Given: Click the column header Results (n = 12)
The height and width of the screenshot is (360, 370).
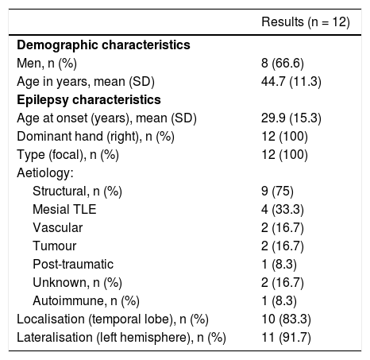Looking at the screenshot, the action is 306,21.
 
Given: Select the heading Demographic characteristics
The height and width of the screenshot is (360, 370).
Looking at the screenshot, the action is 103,45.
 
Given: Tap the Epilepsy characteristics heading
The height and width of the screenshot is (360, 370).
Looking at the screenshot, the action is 89,100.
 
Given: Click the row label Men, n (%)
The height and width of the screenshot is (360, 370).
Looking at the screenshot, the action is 47,64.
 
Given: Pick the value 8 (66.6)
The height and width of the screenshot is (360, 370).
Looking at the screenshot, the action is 283,64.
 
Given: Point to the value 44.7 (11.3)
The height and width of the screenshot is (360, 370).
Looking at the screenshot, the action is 291,82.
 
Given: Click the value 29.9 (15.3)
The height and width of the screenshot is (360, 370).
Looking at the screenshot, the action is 291,118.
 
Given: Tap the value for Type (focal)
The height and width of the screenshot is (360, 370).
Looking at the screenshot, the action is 284,155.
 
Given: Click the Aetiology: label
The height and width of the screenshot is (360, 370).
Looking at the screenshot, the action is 45,173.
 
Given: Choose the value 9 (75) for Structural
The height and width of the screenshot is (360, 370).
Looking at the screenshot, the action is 277,192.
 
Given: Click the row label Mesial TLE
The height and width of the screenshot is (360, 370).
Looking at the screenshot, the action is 64,209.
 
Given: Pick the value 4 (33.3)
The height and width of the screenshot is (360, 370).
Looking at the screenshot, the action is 283,210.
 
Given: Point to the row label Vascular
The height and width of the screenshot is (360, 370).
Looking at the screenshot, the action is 58,227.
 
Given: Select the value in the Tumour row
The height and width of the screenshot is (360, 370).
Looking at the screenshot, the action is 283,246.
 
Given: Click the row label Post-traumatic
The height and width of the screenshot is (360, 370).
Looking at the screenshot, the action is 73,265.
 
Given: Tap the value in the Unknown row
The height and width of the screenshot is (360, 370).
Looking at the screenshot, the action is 283,283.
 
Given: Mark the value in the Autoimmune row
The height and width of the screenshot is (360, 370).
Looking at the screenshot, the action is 279,301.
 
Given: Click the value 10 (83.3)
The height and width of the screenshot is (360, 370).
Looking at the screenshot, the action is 286,319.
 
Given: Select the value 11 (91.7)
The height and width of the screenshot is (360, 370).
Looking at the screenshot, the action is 286,338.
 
